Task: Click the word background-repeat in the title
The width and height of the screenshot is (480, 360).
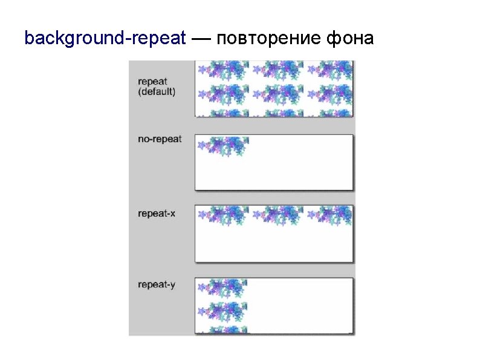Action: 105,39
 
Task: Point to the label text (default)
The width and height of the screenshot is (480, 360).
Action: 157,92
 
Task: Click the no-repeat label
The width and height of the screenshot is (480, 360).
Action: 160,139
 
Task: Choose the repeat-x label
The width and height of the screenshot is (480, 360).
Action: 157,213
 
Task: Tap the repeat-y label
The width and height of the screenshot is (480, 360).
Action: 157,284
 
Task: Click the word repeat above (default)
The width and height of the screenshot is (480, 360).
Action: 152,82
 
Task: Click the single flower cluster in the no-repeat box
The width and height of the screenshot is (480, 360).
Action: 223,145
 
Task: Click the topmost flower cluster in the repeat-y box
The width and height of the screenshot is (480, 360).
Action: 223,287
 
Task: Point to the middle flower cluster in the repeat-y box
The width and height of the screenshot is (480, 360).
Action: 223,311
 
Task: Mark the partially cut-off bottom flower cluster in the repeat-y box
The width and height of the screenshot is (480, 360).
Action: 223,330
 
